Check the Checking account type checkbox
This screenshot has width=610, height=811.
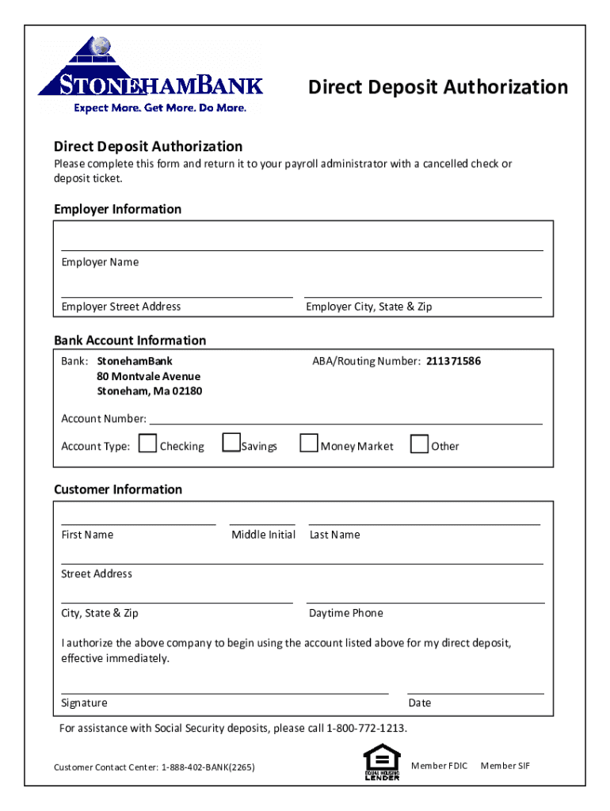tap(147, 444)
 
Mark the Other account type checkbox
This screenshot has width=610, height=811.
tap(419, 444)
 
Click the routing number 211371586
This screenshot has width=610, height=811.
tap(453, 361)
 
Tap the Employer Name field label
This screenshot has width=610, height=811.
tap(100, 262)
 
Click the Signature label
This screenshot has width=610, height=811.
tap(84, 703)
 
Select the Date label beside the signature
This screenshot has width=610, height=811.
tap(420, 703)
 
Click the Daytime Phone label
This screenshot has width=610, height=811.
tap(346, 613)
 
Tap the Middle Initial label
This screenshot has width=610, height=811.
tap(263, 535)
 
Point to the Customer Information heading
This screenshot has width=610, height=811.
tap(118, 489)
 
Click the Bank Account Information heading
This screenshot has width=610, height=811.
tap(130, 341)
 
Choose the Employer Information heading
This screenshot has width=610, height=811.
tap(117, 209)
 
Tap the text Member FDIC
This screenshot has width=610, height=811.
tap(440, 766)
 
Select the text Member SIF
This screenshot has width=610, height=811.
tap(505, 766)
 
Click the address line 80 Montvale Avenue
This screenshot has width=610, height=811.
tap(149, 376)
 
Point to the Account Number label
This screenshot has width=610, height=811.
tap(104, 418)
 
